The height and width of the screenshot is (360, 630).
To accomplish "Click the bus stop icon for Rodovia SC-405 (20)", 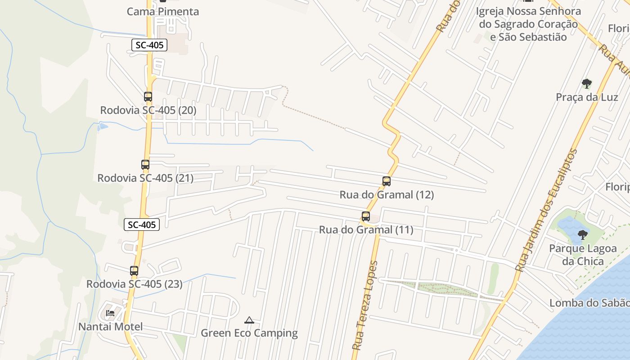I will coord(148,96).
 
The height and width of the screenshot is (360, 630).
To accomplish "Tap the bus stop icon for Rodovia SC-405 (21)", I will coord(145,165).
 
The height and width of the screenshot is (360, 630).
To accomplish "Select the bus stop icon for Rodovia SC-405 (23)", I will coord(134,271).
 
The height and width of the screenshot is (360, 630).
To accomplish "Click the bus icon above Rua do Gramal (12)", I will coord(387,181).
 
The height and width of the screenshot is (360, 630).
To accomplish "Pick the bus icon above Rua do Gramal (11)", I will coord(366,216).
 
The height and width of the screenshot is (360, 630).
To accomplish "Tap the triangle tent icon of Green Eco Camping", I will coord(249,320).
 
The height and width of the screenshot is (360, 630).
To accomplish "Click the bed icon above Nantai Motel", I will coord(110,313).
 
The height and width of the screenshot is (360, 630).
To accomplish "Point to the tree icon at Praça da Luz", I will coord(586,83).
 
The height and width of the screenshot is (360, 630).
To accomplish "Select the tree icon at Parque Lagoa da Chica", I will coord(583,234).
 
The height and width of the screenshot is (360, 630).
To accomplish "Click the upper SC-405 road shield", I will coord(149,45).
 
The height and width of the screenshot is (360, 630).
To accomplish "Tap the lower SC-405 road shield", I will coord(142,225).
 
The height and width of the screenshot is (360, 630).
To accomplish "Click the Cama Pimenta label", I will coord(163,12).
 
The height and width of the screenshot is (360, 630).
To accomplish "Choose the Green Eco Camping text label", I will coord(249,333).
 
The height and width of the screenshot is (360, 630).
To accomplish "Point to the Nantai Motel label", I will coord(111,327).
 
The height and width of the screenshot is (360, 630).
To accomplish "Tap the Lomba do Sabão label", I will coord(589,303).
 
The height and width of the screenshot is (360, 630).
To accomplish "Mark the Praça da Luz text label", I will coord(587,97).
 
